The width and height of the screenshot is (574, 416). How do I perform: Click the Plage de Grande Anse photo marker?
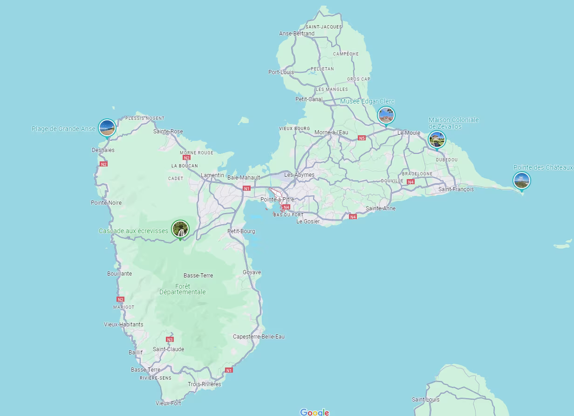tap(107, 127)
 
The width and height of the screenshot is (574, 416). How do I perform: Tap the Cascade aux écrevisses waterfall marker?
tap(180, 229)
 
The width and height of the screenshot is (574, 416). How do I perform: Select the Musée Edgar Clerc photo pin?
tap(386, 115)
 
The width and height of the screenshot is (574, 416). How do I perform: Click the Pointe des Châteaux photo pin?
tap(521, 180)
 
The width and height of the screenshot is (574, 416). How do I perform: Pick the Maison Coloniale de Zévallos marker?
tap(437, 139)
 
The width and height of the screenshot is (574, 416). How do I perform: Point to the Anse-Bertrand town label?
tap(297, 34)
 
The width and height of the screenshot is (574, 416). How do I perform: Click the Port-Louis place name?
tap(281, 72)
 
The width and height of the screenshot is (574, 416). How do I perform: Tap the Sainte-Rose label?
tap(168, 132)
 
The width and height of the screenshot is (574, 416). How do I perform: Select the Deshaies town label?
tap(103, 150)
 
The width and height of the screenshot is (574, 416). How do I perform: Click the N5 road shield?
tap(362, 138)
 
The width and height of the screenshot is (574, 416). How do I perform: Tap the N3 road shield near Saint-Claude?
tap(170, 340)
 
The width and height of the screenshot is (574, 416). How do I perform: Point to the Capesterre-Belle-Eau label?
tap(259, 337)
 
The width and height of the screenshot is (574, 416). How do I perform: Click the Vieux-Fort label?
tap(168, 403)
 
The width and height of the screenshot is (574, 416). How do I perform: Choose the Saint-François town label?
tap(456, 189)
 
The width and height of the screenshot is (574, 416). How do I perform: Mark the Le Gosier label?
tap(308, 222)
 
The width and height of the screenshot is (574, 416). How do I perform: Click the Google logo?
tap(314, 412)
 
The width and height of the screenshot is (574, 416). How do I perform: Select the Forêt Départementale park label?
tap(183, 289)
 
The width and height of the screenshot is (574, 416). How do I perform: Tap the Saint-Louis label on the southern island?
tap(425, 400)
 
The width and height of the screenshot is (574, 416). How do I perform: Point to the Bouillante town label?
tap(119, 274)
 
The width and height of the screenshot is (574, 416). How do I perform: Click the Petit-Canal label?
tap(309, 99)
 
